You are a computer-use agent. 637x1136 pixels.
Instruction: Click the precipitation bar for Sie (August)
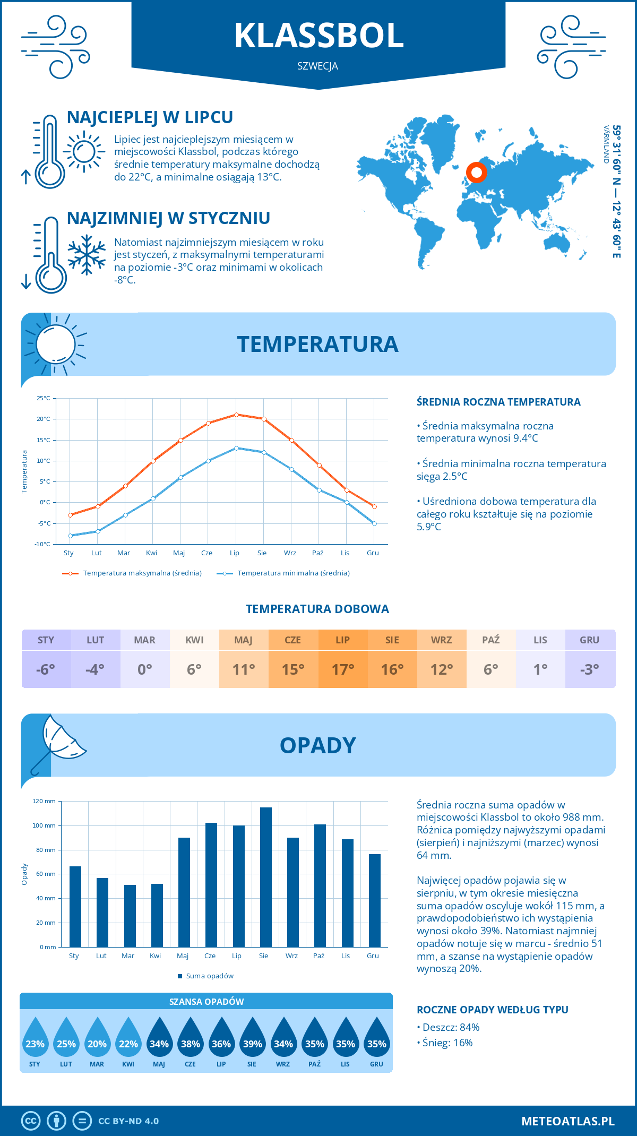coord(266,877)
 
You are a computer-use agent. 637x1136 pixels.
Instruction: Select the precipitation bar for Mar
coord(130,916)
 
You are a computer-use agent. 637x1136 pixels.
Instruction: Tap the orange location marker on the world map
coord(477,173)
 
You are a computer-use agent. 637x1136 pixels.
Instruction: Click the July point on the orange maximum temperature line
coord(237,415)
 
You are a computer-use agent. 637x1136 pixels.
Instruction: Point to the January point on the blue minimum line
coord(70,536)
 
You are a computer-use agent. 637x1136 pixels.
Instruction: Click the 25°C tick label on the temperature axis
coord(44,398)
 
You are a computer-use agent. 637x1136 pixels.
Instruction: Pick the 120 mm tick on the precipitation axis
coord(44,801)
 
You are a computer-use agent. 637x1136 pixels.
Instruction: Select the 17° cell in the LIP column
coord(343,669)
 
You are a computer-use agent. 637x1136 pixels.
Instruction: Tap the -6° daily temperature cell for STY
coord(46,669)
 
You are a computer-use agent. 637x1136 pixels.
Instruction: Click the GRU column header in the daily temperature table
coord(590,640)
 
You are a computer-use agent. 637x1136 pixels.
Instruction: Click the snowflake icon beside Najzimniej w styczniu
coord(87,255)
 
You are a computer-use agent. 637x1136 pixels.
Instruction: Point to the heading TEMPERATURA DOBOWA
coord(317,609)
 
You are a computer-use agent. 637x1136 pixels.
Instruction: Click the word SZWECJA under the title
coord(317,66)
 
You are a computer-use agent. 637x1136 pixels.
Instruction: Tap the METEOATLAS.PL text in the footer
coord(568,1121)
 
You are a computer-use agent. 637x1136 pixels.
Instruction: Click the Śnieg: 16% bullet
coord(447,1043)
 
